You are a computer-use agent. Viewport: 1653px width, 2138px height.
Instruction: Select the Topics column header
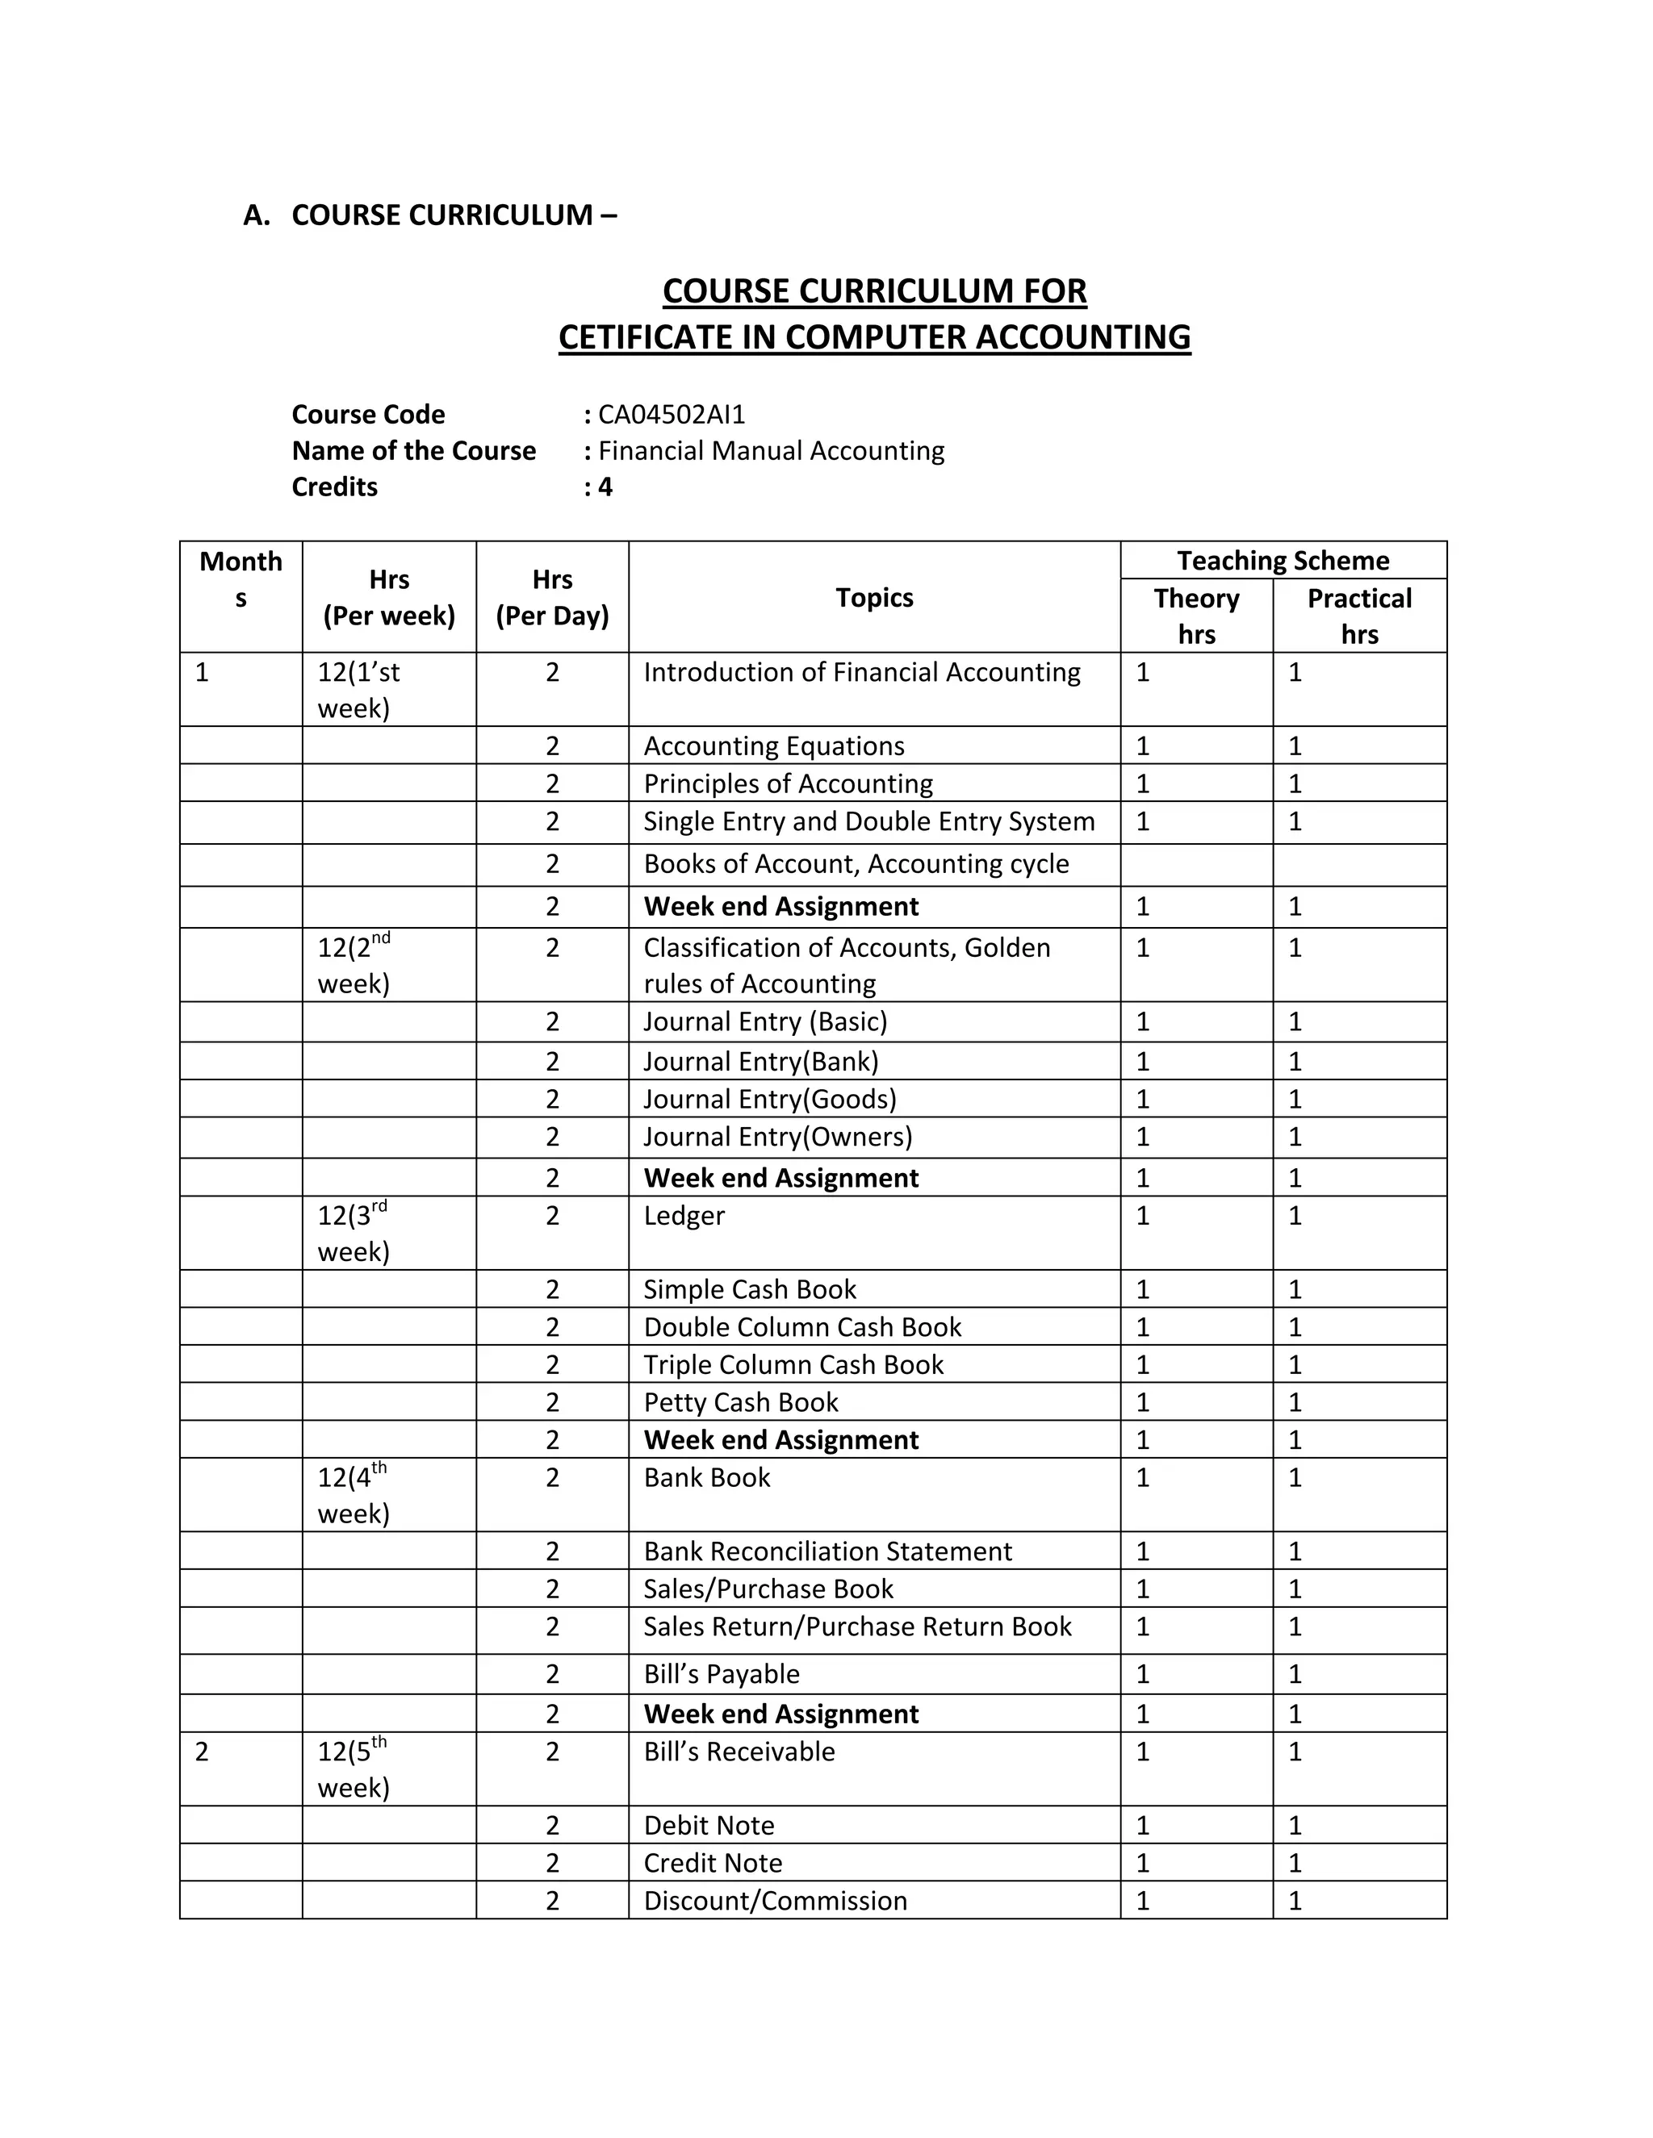point(873,597)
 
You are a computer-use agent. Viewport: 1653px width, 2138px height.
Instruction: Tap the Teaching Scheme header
point(1283,560)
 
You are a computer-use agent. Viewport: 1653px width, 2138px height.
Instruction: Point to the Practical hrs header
point(1359,616)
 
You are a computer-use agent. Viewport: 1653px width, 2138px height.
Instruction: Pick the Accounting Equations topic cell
point(773,746)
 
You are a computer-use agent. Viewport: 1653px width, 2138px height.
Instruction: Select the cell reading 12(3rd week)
point(354,1234)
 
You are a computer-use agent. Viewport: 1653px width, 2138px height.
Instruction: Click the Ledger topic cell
point(684,1216)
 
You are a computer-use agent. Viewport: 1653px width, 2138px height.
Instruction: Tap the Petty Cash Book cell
point(741,1402)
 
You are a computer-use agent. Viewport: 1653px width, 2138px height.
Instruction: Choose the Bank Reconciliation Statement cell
point(827,1551)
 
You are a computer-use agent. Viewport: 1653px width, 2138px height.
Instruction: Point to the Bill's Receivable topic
point(739,1752)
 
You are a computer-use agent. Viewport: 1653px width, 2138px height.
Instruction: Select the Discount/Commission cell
point(776,1900)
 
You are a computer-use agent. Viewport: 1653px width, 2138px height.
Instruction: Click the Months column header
point(241,579)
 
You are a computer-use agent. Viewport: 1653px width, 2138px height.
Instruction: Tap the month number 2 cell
point(203,1752)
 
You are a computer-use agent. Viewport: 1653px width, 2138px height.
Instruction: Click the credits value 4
point(605,486)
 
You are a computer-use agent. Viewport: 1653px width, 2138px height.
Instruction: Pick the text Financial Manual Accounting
point(771,450)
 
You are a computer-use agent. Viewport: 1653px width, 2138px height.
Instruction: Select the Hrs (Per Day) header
point(552,597)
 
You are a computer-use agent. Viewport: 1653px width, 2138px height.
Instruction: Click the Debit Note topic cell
point(709,1825)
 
